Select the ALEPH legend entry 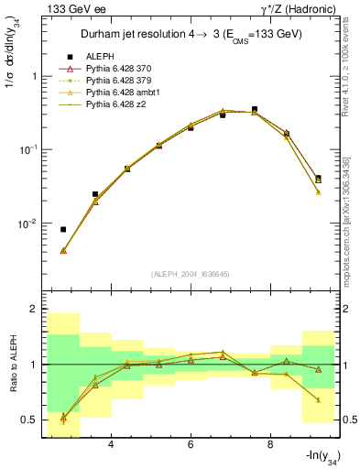click(103, 57)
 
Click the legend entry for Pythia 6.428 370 click(125, 70)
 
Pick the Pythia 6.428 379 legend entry click(125, 82)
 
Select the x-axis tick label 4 click(111, 445)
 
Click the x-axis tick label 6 click(191, 445)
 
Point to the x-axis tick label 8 click(270, 445)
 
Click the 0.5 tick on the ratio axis click(30, 420)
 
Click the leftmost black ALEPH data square click(63, 229)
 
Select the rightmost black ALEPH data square click(318, 178)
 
